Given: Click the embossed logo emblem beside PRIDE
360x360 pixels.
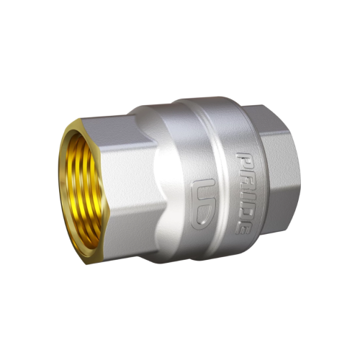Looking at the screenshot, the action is tap(203, 204).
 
